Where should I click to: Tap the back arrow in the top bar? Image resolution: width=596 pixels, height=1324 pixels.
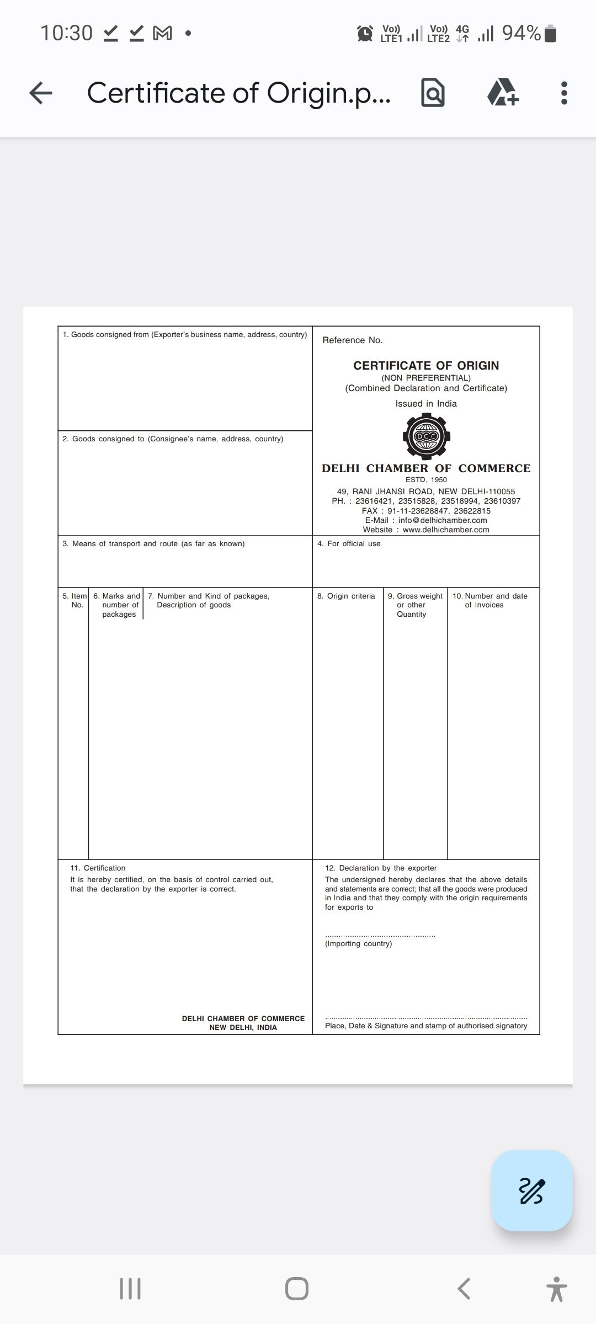pyautogui.click(x=41, y=93)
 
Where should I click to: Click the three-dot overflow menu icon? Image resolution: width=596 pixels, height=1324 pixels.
pyautogui.click(x=563, y=93)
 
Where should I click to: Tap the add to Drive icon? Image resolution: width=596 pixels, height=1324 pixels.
pyautogui.click(x=503, y=93)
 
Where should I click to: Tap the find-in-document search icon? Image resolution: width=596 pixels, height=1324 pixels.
pyautogui.click(x=433, y=93)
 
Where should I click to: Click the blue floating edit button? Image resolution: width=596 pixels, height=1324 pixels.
pyautogui.click(x=532, y=1190)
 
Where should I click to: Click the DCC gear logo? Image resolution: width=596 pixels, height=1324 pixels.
pyautogui.click(x=427, y=436)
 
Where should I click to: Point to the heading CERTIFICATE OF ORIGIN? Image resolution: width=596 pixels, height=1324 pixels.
pyautogui.click(x=426, y=365)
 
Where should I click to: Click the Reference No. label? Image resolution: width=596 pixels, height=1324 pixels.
pyautogui.click(x=353, y=340)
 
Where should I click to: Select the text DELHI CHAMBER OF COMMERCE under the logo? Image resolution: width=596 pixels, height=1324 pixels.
pyautogui.click(x=426, y=468)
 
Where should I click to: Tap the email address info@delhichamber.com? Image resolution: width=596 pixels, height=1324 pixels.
pyautogui.click(x=443, y=520)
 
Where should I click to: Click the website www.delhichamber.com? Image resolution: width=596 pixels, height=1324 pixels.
pyautogui.click(x=446, y=530)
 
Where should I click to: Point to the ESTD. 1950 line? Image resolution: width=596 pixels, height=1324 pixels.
pyautogui.click(x=426, y=479)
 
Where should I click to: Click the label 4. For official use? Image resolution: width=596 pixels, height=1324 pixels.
pyautogui.click(x=349, y=543)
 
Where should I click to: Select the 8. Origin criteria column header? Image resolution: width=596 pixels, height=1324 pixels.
pyautogui.click(x=346, y=596)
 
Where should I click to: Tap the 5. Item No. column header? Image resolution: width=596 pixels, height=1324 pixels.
pyautogui.click(x=74, y=600)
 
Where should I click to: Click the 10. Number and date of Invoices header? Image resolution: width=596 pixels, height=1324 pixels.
pyautogui.click(x=490, y=600)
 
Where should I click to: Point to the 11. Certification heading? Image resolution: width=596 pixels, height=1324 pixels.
pyautogui.click(x=98, y=868)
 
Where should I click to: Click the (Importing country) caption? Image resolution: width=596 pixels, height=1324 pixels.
pyautogui.click(x=359, y=943)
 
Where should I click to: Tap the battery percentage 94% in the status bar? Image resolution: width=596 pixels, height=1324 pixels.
pyautogui.click(x=521, y=33)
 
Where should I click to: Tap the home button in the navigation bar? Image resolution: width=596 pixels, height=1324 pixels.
pyautogui.click(x=297, y=1289)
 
